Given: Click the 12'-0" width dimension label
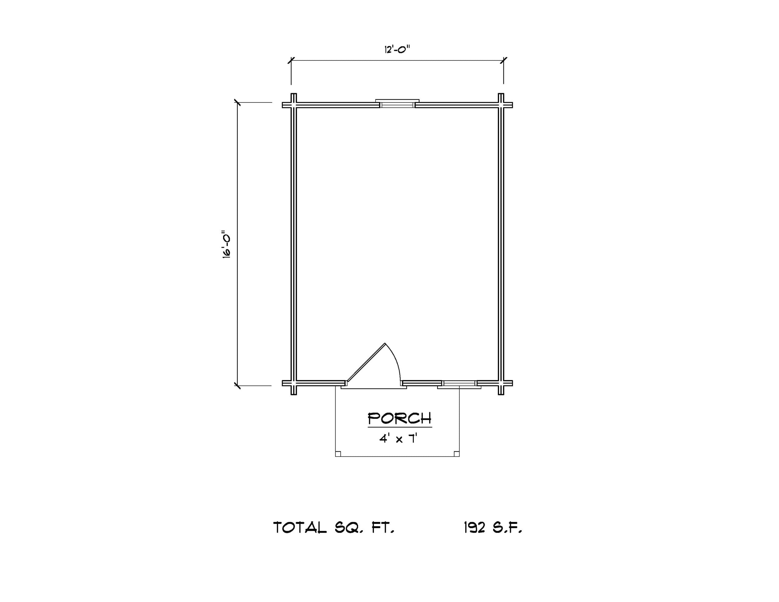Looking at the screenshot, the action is point(397,49).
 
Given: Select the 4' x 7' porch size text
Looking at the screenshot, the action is point(398,438).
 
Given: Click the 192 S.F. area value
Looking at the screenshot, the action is point(493,527).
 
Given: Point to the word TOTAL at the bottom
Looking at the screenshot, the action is point(300,527).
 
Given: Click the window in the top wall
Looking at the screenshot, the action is point(397,103).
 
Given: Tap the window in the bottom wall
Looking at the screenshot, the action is point(459,384).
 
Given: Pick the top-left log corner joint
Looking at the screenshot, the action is point(294,105).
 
